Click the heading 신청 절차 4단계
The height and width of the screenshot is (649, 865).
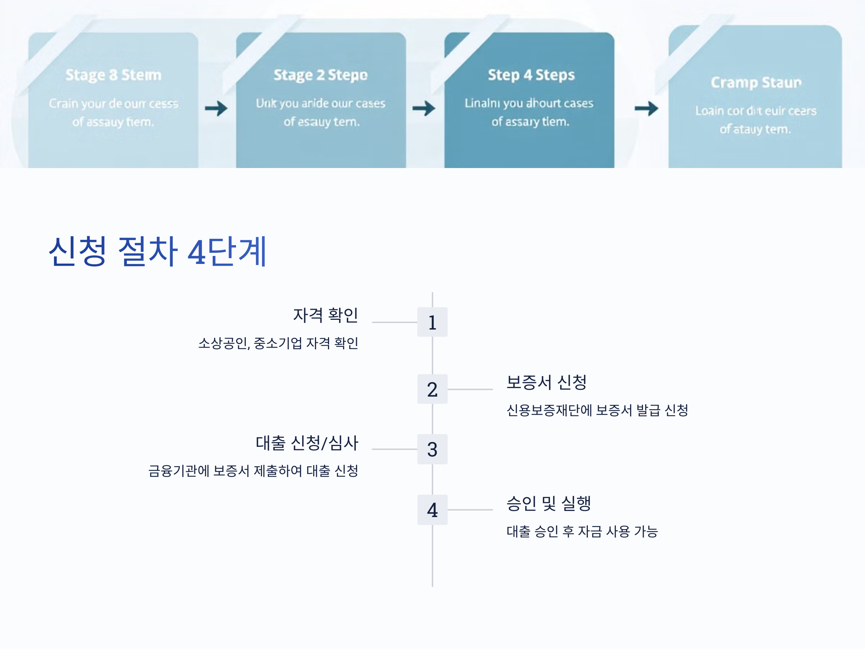[158, 252]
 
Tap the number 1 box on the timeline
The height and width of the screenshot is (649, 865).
[432, 322]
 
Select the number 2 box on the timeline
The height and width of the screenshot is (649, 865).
[432, 389]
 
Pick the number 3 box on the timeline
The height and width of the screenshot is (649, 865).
[432, 449]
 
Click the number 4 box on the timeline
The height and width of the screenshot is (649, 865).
[432, 510]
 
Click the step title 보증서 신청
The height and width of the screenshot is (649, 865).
[546, 382]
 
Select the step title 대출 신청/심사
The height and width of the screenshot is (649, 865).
[307, 443]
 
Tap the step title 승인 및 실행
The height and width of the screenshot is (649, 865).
[548, 503]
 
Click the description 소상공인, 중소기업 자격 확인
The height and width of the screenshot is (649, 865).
[278, 343]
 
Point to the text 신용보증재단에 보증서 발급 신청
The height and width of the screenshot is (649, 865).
[597, 410]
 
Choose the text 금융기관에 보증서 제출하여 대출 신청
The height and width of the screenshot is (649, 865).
[253, 471]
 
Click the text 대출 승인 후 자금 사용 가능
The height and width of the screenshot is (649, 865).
[582, 531]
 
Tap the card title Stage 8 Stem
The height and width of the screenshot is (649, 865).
[114, 75]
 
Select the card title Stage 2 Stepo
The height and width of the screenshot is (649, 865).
[320, 75]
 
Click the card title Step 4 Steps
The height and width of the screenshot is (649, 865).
[531, 75]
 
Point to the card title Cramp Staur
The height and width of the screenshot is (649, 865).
[756, 83]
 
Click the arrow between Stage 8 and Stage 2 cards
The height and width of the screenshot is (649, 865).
[216, 109]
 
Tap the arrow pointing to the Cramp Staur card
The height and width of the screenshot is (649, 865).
[646, 109]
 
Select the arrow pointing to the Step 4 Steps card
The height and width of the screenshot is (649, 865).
[424, 109]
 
